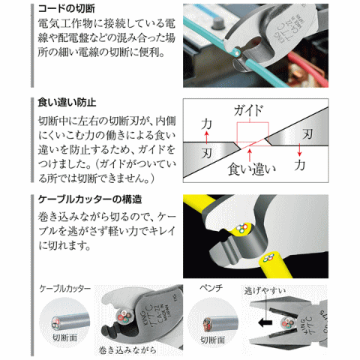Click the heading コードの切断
[64, 9]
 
